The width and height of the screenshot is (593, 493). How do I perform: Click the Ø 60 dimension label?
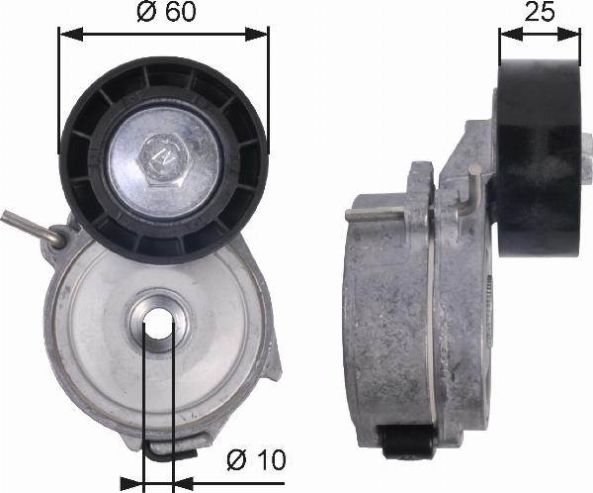[x=166, y=12]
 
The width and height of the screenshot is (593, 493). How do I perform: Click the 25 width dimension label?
[x=540, y=12]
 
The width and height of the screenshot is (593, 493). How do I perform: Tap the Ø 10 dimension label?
[x=256, y=459]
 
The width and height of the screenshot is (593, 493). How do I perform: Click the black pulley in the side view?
[x=540, y=158]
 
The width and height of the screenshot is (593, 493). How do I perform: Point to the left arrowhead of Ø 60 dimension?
[x=70, y=34]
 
